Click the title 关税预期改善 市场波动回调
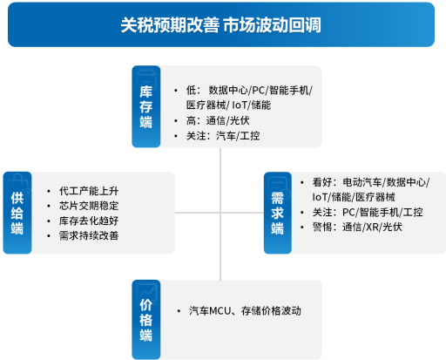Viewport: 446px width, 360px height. tap(220, 25)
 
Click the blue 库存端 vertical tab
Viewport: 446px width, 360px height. tap(146, 106)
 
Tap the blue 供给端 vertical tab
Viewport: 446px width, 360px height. tap(17, 213)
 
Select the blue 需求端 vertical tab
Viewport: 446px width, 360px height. tap(278, 213)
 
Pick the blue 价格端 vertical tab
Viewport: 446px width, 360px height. tap(146, 320)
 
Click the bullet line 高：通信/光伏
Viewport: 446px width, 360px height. tap(218, 120)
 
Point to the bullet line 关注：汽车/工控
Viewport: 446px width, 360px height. tap(223, 136)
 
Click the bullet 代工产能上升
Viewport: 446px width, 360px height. tap(89, 191)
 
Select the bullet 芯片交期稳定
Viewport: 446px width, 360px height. tap(89, 206)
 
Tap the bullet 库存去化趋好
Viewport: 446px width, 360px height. tap(89, 221)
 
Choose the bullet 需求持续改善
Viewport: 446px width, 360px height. tap(89, 235)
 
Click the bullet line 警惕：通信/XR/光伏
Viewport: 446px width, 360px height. tap(357, 227)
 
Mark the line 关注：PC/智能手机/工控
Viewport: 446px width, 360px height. tap(368, 212)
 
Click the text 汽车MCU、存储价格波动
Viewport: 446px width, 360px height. tap(245, 310)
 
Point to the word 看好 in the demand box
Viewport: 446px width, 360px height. tap(322, 182)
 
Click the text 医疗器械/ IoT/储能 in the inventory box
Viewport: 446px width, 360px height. tap(228, 105)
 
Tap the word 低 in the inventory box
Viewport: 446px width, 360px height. tap(191, 90)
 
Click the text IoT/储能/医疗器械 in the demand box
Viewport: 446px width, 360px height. tap(354, 197)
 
